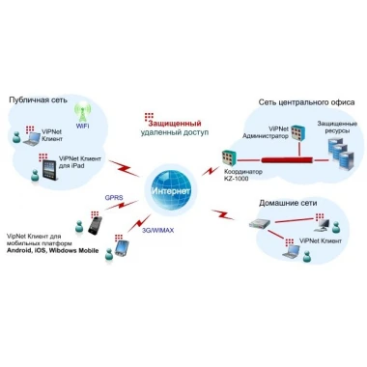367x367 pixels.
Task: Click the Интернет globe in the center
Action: [170, 190]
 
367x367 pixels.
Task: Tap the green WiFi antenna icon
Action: [82, 112]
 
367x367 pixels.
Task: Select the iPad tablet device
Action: [50, 171]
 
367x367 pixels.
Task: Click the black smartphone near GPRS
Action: [96, 225]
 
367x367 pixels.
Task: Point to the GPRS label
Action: [114, 197]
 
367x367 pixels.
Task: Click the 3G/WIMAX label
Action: [157, 230]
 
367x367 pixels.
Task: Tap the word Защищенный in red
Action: [175, 124]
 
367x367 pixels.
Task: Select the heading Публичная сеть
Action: [39, 99]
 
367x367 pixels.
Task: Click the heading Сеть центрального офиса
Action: [306, 102]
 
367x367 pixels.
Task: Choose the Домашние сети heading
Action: [288, 203]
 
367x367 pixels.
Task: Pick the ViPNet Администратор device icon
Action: [298, 132]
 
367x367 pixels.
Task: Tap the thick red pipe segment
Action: [287, 159]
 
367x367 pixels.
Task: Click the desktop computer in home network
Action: [323, 225]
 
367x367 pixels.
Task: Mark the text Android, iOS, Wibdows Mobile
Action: [53, 250]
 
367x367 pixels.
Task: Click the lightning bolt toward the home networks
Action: [223, 214]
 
